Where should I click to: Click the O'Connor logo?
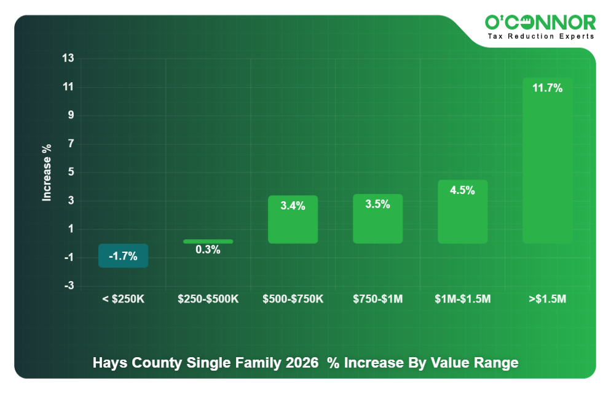pos(540,23)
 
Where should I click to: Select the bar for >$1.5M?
pos(547,166)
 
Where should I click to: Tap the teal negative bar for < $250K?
pos(123,255)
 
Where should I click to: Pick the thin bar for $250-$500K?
pos(208,241)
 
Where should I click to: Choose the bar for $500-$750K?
pos(293,220)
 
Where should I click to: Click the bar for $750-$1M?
pos(377,219)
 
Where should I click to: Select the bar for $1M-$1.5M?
pos(462,212)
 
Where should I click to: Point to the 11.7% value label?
pos(547,88)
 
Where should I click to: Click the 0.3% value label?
pos(208,250)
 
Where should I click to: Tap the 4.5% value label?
pos(462,190)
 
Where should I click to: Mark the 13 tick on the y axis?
pos(68,59)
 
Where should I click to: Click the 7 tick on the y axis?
pos(70,144)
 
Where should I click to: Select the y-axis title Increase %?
pos(47,172)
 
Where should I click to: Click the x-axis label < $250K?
pos(123,299)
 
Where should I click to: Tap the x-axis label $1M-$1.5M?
pos(462,299)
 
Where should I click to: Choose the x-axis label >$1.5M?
pos(547,299)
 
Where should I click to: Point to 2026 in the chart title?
pos(302,363)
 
